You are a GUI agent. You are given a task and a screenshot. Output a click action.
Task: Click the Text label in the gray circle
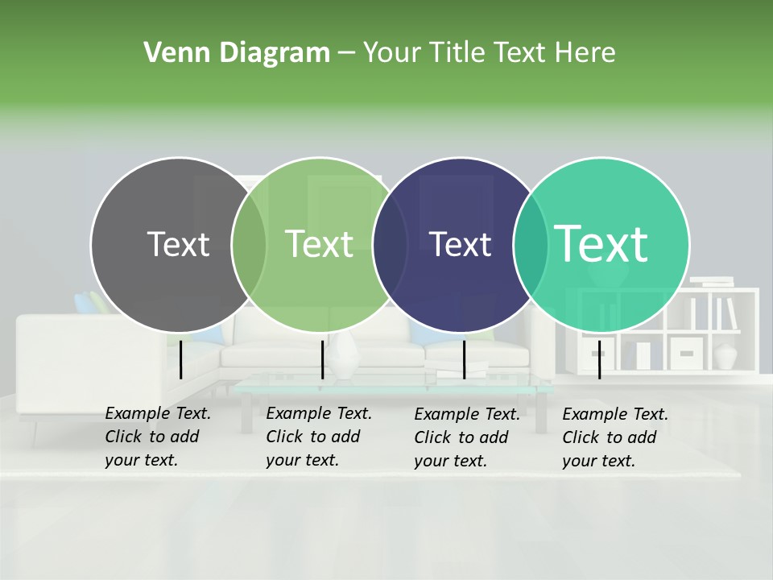click(x=178, y=244)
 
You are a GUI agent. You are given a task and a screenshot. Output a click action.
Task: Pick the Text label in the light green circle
click(x=319, y=244)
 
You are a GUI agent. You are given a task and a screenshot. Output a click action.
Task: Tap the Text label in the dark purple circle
click(x=460, y=244)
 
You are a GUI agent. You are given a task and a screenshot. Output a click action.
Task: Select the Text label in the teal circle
click(x=601, y=244)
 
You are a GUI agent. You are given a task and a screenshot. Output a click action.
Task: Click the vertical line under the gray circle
click(x=181, y=359)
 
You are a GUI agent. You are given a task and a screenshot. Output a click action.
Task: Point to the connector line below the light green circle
click(x=322, y=359)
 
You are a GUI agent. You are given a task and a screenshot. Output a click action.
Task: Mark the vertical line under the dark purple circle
click(x=464, y=359)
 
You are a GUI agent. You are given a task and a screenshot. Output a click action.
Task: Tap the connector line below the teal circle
click(x=599, y=359)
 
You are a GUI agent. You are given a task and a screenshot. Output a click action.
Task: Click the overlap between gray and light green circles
click(x=249, y=244)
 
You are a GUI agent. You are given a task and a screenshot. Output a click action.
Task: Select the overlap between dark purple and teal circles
click(x=531, y=244)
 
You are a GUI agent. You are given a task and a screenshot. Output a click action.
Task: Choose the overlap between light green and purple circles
click(x=391, y=244)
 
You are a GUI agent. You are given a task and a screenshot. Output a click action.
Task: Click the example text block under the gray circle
click(x=158, y=437)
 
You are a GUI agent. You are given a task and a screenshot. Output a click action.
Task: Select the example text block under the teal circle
click(x=615, y=437)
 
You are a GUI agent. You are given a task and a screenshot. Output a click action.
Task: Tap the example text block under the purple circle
click(x=467, y=437)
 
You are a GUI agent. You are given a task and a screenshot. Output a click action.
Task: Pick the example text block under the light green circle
click(x=319, y=437)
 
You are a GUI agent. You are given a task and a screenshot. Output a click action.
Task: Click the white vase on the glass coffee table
click(x=345, y=356)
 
